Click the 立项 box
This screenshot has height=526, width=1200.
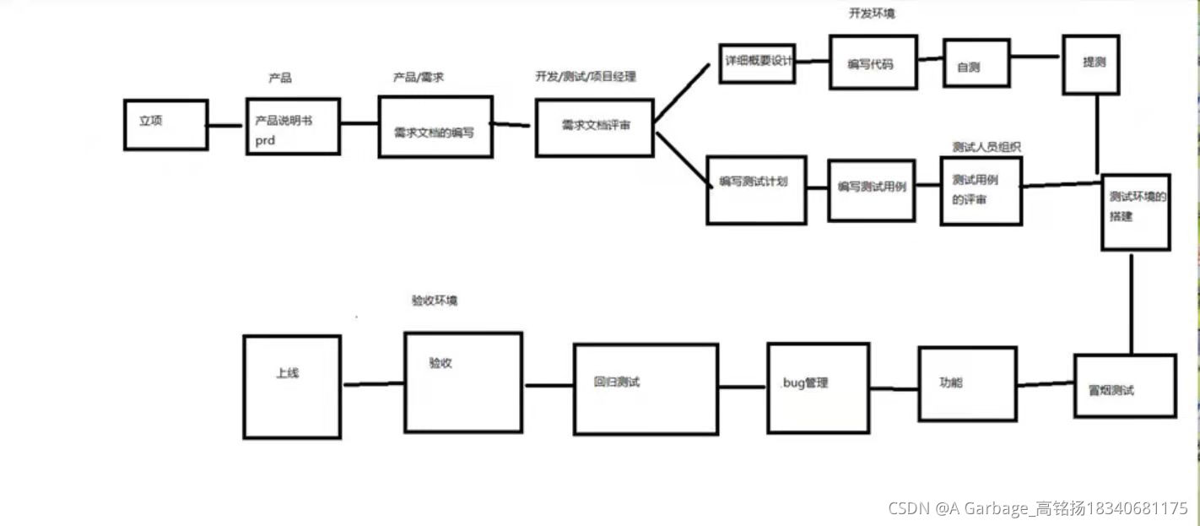pyautogui.click(x=165, y=125)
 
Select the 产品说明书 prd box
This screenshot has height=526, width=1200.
pyautogui.click(x=293, y=125)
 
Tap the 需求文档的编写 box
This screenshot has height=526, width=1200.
pyautogui.click(x=435, y=126)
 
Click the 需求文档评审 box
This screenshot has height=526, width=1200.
pyautogui.click(x=594, y=127)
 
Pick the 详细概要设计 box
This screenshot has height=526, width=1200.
pyautogui.click(x=757, y=62)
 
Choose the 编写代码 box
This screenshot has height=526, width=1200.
pyautogui.click(x=873, y=62)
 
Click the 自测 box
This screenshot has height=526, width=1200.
pyautogui.click(x=976, y=62)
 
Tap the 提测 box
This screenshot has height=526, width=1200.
pyautogui.click(x=1090, y=63)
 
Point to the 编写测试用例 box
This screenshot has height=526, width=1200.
pyautogui.click(x=871, y=190)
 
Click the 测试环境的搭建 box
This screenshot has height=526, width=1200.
pyautogui.click(x=1135, y=212)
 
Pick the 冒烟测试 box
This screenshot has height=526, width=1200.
pyautogui.click(x=1124, y=386)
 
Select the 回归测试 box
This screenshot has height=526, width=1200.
pyautogui.click(x=646, y=388)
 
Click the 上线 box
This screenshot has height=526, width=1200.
pyautogui.click(x=292, y=387)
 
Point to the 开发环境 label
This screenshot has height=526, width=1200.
pyautogui.click(x=871, y=14)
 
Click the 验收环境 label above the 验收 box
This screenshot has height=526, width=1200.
pyautogui.click(x=435, y=301)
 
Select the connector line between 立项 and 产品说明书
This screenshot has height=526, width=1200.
pyautogui.click(x=225, y=126)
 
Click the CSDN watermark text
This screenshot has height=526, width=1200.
pyautogui.click(x=1037, y=508)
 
